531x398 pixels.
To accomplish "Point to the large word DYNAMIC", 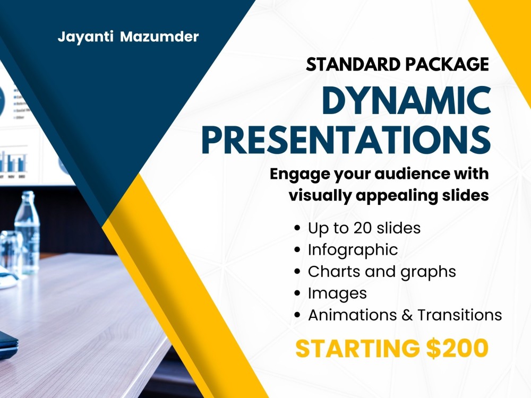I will click(x=406, y=100).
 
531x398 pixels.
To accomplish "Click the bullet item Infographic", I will click(x=353, y=250).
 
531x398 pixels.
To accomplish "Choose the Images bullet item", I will click(x=337, y=293).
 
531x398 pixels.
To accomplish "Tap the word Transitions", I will click(x=459, y=315).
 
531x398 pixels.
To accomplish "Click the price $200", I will click(x=457, y=349).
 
